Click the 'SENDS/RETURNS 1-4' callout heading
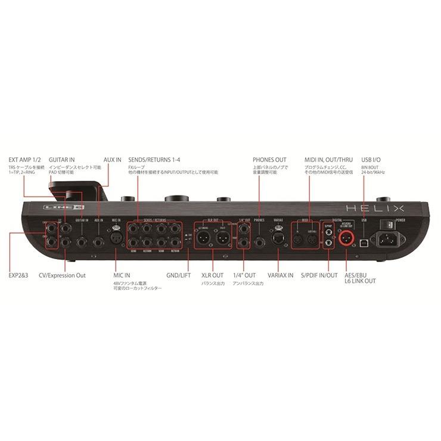[153, 160]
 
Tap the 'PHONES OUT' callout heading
[269, 160]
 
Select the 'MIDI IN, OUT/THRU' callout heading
[328, 160]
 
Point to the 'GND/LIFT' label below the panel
[179, 275]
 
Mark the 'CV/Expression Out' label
[61, 275]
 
